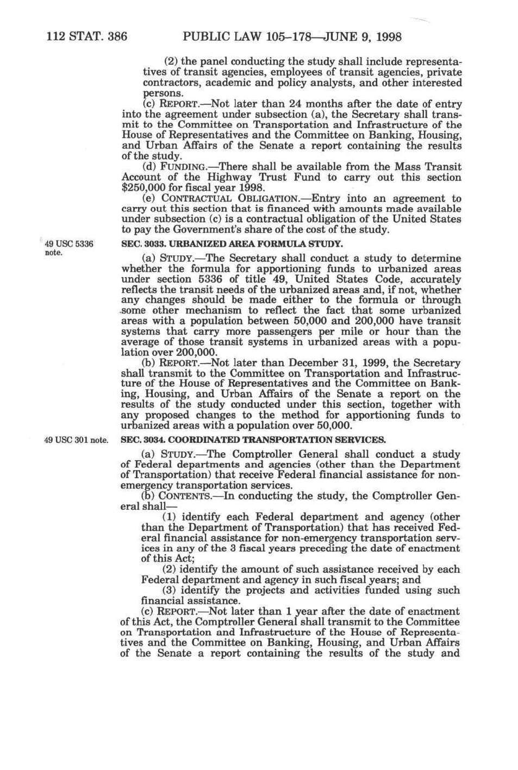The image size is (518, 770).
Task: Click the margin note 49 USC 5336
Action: click(x=69, y=244)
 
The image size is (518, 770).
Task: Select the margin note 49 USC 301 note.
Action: click(x=76, y=440)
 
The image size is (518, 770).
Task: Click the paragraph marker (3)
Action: click(x=170, y=591)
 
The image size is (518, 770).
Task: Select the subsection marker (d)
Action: click(x=148, y=167)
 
